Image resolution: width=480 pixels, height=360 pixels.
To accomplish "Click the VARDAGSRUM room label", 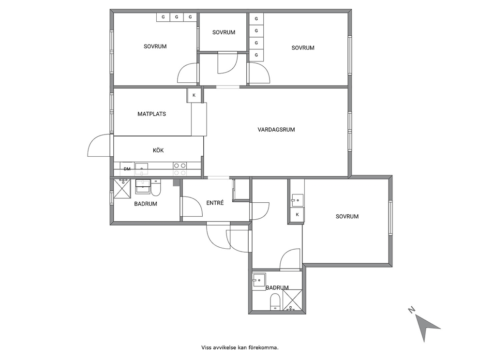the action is click(x=276, y=130).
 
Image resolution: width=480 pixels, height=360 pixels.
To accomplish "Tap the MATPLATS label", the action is click(x=151, y=114).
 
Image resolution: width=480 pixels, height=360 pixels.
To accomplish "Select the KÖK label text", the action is click(x=158, y=150).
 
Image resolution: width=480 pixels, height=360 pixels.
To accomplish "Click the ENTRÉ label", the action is click(x=215, y=203).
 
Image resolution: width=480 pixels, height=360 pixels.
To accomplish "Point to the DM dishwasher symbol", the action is click(x=127, y=169).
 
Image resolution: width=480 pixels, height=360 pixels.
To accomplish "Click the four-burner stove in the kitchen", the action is click(x=180, y=169).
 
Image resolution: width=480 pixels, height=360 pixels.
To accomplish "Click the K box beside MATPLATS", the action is click(x=194, y=95).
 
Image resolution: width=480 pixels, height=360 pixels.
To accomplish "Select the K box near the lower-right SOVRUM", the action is click(x=297, y=214).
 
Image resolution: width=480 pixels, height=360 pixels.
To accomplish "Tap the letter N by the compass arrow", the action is click(x=412, y=310).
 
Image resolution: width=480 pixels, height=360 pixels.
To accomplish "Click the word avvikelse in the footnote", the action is click(x=222, y=347).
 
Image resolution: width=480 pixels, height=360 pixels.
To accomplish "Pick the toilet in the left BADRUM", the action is click(x=156, y=187).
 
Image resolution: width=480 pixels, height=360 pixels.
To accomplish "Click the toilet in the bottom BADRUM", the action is click(x=275, y=302).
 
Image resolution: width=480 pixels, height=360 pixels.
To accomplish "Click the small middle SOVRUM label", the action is click(x=224, y=32).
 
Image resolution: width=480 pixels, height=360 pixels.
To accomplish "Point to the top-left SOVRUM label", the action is click(x=155, y=46).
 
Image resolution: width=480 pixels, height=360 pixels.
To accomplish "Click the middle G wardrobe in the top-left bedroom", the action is click(x=177, y=17).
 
